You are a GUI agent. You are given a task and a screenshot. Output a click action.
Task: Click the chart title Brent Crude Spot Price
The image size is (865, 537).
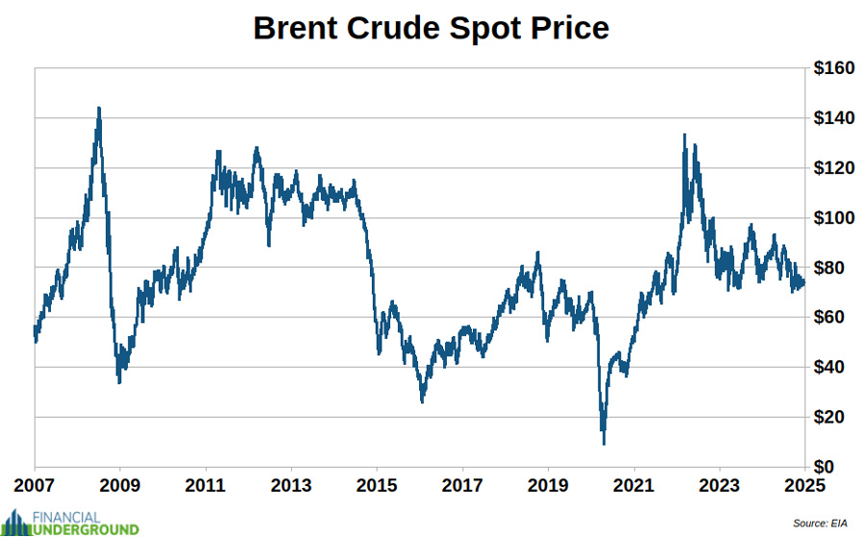click(431, 28)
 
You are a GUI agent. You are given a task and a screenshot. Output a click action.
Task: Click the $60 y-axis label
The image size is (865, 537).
click(832, 317)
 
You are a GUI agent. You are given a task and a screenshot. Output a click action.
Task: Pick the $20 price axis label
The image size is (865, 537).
click(832, 417)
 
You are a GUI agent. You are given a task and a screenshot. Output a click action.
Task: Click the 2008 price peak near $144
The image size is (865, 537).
click(99, 109)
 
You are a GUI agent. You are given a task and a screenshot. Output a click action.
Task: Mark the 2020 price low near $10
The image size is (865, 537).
click(604, 442)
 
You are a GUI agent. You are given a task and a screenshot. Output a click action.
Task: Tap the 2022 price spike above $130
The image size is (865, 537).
click(684, 135)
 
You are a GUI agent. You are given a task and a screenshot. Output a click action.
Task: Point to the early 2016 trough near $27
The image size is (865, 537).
click(422, 401)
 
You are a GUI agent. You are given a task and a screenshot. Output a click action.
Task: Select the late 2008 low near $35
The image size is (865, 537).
click(119, 381)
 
